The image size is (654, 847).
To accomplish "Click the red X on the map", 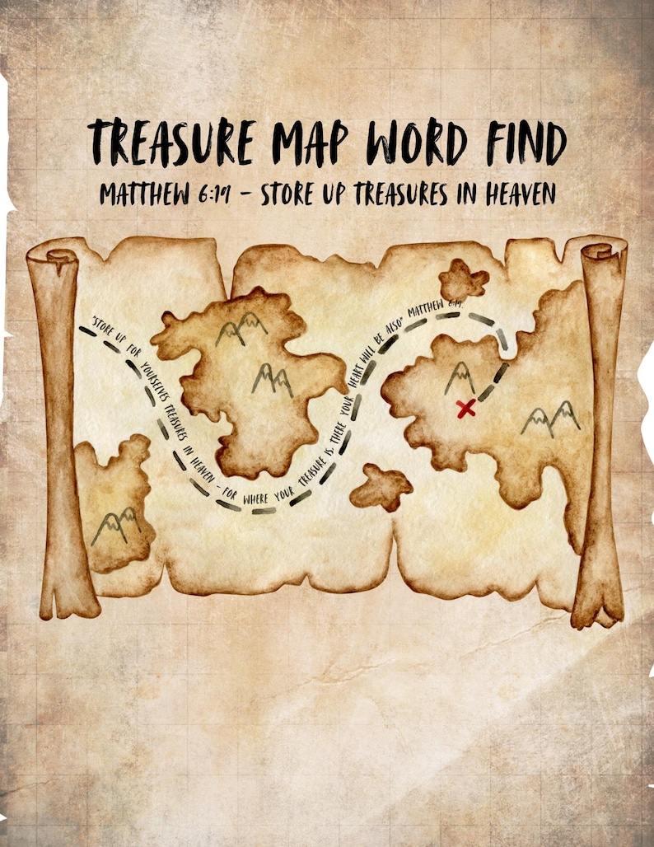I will point(466,407).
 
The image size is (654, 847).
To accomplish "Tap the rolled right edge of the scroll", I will point(600,428).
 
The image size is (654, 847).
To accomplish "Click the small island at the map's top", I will point(463,281).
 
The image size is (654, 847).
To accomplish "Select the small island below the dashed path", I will point(381,487).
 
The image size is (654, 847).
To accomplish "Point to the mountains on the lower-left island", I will point(114,528).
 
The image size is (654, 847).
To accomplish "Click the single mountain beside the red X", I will point(459,378).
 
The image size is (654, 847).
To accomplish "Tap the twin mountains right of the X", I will point(550,419).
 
